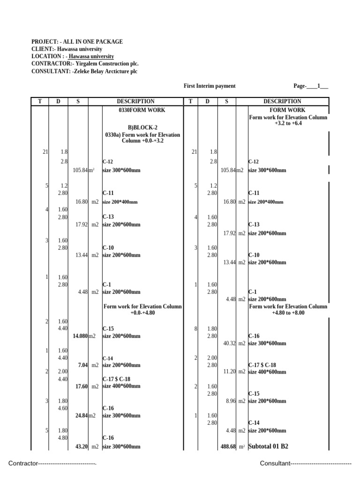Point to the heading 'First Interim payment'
tap(210, 86)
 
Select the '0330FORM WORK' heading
tap(142, 110)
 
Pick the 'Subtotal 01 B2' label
tap(268, 446)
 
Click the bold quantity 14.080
tap(80, 336)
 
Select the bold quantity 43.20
tap(82, 447)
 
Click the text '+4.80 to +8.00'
tap(288, 313)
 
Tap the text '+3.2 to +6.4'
tap(288, 124)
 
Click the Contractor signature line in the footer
tap(52, 464)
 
